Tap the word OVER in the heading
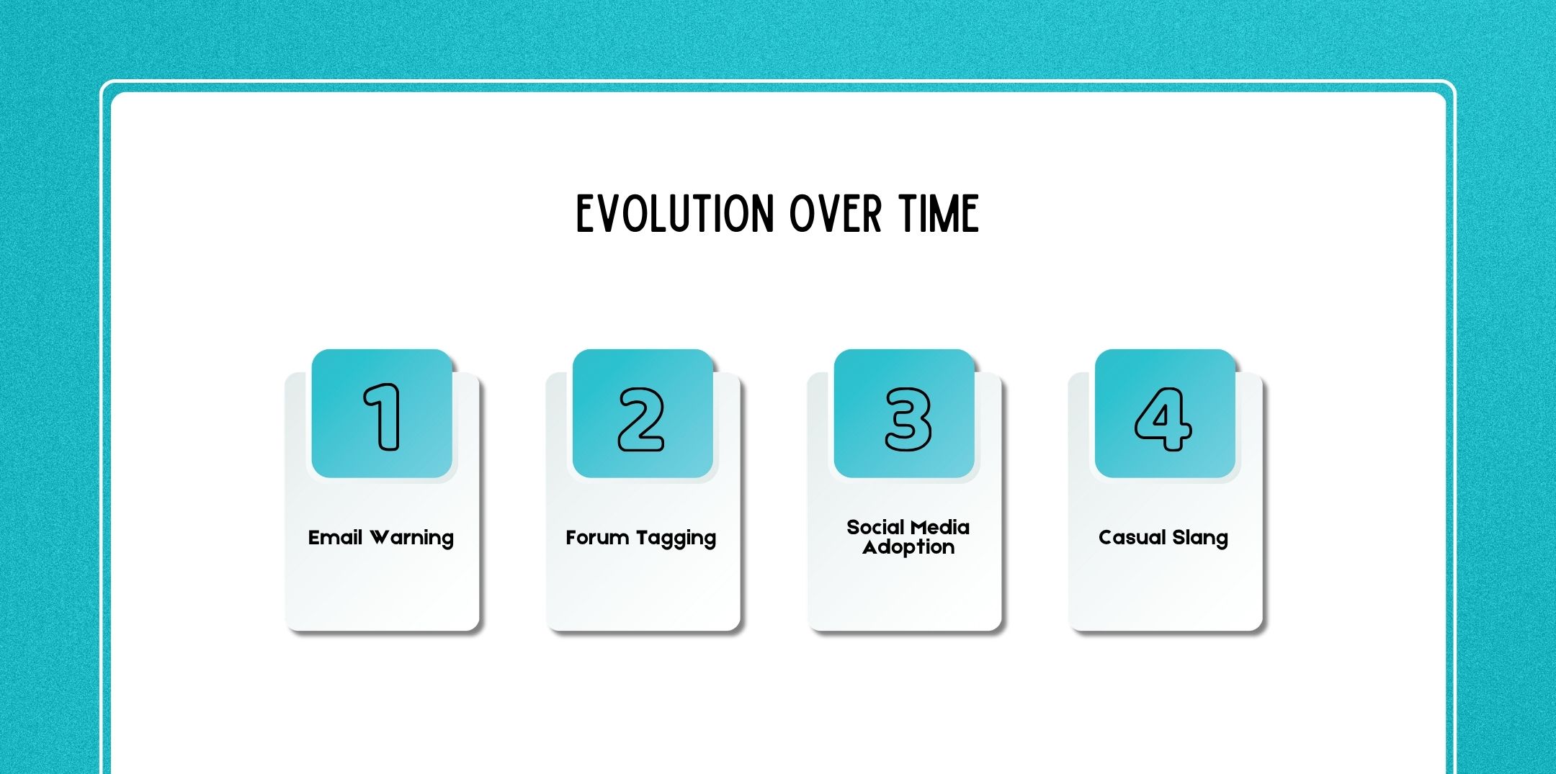tap(836, 214)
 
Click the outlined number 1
tap(383, 417)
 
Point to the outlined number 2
tap(641, 419)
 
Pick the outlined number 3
tap(908, 419)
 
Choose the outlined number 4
tap(1163, 419)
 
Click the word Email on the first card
tap(335, 538)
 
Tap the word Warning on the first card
tap(412, 539)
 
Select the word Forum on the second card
tap(597, 538)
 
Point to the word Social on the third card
tap(875, 528)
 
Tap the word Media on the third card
tap(940, 528)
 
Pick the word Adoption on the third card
tap(908, 548)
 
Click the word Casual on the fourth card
tap(1132, 538)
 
